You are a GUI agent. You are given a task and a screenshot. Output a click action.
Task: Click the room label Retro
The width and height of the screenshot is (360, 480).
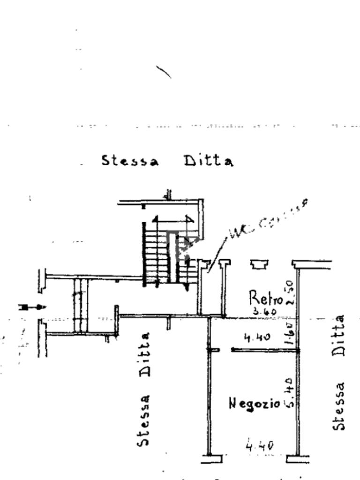(265, 298)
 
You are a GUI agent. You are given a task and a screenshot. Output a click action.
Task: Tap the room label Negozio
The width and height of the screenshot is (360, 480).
(254, 403)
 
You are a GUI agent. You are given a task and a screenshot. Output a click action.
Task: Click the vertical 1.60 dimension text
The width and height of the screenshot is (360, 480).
(289, 332)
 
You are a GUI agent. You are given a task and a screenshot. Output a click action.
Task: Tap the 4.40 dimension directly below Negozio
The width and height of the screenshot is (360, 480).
(260, 445)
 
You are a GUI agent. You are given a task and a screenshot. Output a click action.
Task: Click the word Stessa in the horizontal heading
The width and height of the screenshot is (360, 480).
(130, 161)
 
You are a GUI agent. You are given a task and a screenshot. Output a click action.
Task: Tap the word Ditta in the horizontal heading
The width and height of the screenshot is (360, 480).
(208, 161)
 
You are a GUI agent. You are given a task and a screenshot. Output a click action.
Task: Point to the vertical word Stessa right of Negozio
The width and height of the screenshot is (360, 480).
(339, 406)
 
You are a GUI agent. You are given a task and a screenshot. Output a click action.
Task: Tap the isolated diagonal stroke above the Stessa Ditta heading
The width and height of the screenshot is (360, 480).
(163, 72)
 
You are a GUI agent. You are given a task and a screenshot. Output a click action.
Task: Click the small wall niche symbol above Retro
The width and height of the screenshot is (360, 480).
(257, 265)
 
